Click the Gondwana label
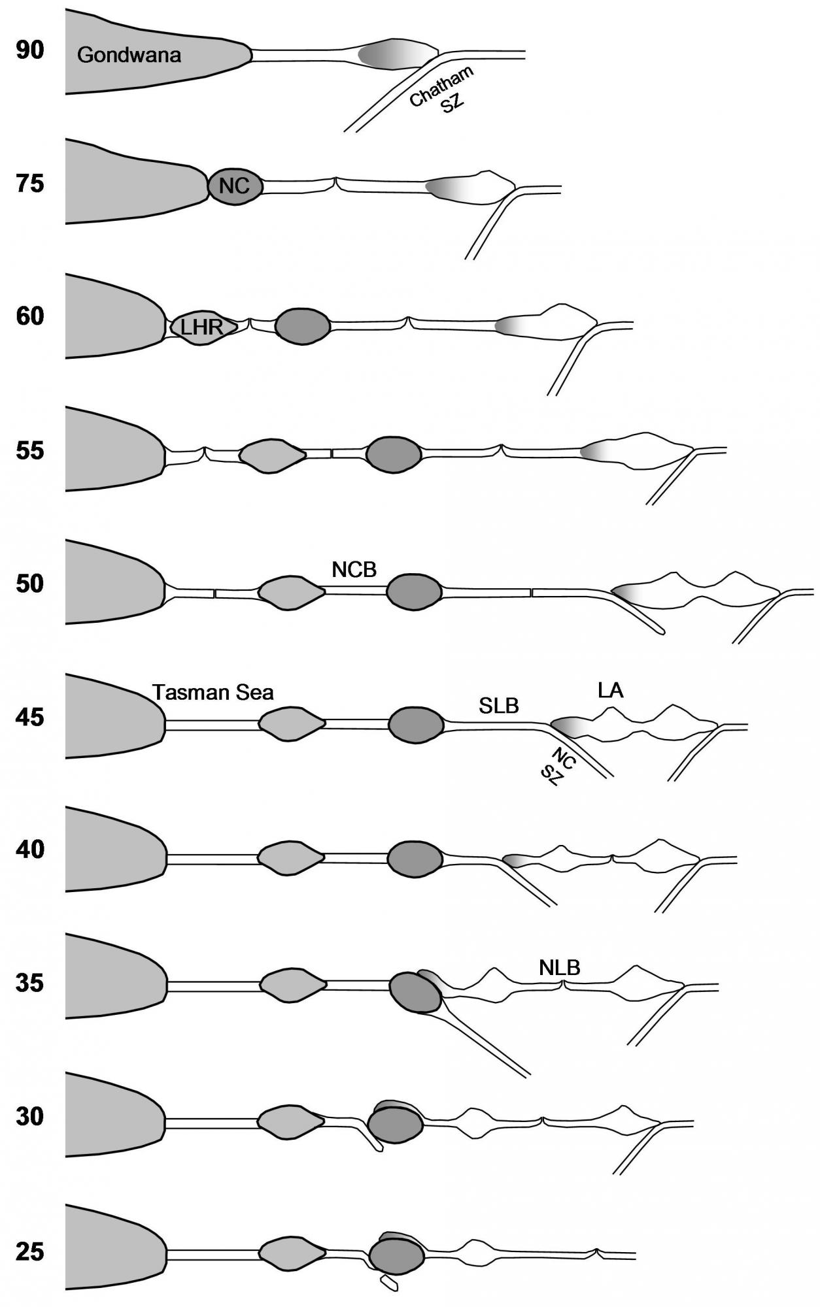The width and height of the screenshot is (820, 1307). pyautogui.click(x=129, y=55)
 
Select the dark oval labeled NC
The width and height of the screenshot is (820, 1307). pyautogui.click(x=235, y=186)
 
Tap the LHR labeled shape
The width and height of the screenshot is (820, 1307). pyautogui.click(x=201, y=326)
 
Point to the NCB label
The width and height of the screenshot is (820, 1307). pyautogui.click(x=354, y=570)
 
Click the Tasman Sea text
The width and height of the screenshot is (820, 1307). pyautogui.click(x=213, y=692)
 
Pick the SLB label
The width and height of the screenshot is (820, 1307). pyautogui.click(x=499, y=706)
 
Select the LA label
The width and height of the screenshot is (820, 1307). pyautogui.click(x=610, y=690)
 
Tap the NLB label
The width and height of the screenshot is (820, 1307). pyautogui.click(x=560, y=968)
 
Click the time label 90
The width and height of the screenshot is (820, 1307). pyautogui.click(x=30, y=50)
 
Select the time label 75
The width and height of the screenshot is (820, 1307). pyautogui.click(x=30, y=184)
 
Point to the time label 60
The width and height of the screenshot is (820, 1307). pyautogui.click(x=30, y=316)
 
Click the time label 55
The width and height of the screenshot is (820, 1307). pyautogui.click(x=30, y=450)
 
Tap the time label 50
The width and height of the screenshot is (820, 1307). pyautogui.click(x=30, y=583)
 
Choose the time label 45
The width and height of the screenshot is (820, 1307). pyautogui.click(x=30, y=717)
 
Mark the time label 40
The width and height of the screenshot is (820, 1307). pyautogui.click(x=30, y=850)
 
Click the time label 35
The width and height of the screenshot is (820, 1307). pyautogui.click(x=30, y=982)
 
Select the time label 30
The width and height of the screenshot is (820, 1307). pyautogui.click(x=30, y=1116)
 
